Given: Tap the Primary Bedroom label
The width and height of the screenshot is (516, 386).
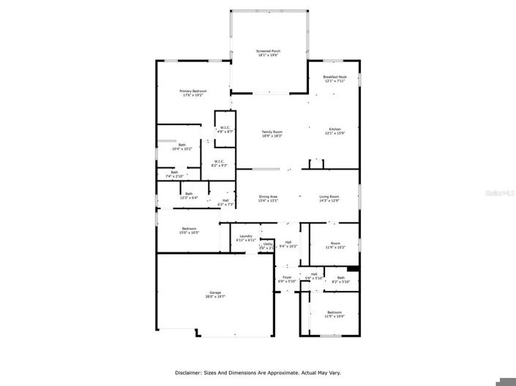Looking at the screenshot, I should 193,92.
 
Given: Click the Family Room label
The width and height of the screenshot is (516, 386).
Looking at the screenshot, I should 272,133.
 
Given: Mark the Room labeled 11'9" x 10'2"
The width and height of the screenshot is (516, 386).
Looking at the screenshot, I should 335,245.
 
